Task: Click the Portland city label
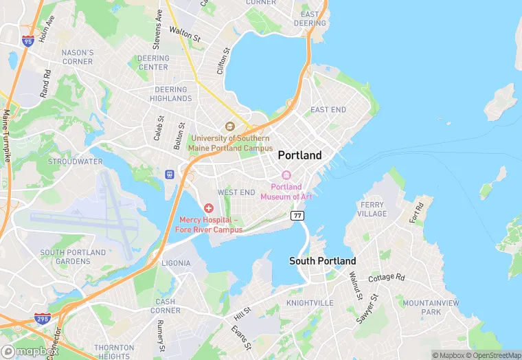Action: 299,155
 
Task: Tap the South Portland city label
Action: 322,261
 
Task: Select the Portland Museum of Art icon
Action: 286,175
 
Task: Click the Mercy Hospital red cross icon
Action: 208,207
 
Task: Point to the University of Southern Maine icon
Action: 230,126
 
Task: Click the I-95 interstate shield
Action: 28,41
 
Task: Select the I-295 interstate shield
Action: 42,318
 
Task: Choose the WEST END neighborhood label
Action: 236,192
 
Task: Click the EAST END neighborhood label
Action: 328,110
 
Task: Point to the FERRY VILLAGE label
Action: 373,209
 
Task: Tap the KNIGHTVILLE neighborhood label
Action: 309,302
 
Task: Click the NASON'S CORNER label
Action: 77,57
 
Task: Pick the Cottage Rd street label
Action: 387,278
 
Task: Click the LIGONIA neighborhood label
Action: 176,263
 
